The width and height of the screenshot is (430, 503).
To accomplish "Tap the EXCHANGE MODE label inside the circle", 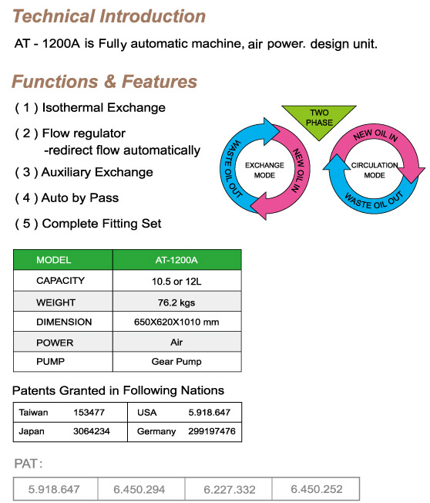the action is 264,170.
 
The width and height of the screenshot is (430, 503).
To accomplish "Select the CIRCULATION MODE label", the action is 375,170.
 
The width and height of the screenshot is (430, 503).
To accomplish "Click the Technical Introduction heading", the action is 109,16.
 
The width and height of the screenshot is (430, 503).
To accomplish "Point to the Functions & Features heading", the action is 105,81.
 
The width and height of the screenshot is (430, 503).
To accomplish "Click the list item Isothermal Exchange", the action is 90,107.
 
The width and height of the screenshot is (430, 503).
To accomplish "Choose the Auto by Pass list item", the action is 66,198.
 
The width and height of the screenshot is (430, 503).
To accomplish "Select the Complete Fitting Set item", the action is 88,224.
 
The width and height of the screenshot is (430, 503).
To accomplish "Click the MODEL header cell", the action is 63,260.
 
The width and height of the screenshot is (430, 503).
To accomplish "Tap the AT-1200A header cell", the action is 177,260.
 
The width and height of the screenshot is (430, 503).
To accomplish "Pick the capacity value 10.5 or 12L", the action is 176,282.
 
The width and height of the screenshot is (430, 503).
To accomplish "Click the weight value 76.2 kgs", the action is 176,302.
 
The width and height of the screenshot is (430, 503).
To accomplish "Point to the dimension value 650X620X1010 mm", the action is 176,322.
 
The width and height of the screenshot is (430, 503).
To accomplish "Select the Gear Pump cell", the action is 176,362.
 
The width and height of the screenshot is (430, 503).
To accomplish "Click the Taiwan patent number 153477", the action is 89,412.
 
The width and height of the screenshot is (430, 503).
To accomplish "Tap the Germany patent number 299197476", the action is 212,431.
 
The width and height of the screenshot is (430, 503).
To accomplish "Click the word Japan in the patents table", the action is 32,431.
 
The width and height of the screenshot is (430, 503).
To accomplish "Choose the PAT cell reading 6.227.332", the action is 230,490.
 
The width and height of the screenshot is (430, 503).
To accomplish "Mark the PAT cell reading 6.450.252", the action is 317,489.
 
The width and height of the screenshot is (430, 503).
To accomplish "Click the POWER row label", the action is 55,343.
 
